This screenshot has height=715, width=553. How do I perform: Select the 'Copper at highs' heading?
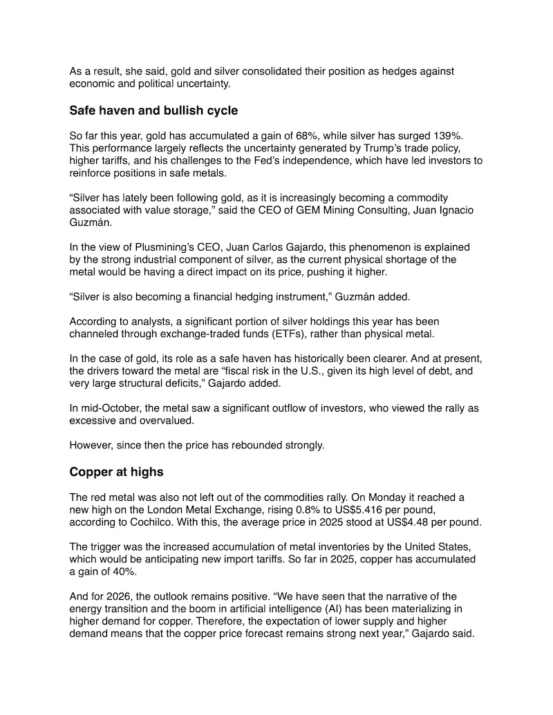114,473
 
